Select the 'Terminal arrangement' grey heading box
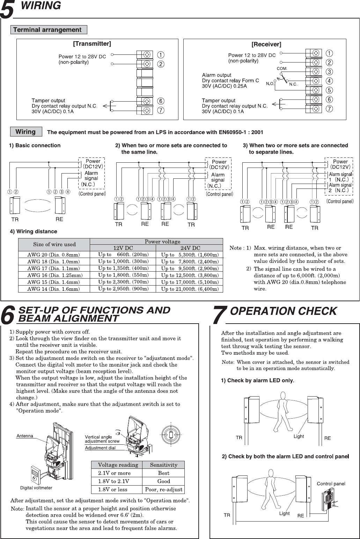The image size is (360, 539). [x=49, y=30]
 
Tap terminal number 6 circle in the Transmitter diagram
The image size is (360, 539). [x=161, y=101]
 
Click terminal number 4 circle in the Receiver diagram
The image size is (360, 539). [x=329, y=81]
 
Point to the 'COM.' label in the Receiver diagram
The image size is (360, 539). [x=282, y=68]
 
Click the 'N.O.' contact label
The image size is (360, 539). [x=270, y=84]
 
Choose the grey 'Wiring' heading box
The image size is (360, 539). [x=26, y=132]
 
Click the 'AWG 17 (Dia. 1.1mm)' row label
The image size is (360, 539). [x=54, y=268]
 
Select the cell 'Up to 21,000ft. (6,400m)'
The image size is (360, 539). [x=190, y=289]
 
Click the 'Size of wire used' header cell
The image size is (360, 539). [x=54, y=244]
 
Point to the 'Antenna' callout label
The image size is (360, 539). [x=25, y=436]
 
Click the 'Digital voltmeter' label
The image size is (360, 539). [x=36, y=488]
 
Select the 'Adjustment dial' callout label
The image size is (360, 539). [x=100, y=448]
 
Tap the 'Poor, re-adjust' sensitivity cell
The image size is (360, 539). [x=163, y=489]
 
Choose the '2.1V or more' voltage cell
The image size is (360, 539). [x=114, y=473]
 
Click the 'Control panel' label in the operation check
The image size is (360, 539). [x=331, y=483]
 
